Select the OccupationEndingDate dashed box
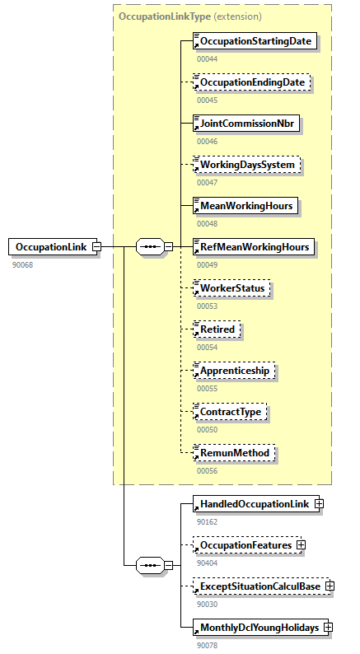tap(252, 82)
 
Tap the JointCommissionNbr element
tap(245, 124)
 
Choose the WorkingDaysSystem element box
tap(246, 165)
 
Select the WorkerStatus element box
tap(231, 288)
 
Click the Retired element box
tap(217, 329)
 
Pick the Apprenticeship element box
tap(235, 371)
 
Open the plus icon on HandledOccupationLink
tap(319, 504)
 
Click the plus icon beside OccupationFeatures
tap(302, 544)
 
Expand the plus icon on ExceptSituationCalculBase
tap(330, 586)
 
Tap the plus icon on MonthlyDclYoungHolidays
tap(328, 627)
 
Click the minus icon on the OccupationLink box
tap(97, 246)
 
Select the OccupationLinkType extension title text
tap(190, 16)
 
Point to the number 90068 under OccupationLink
tap(23, 264)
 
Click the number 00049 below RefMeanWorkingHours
tap(207, 264)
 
